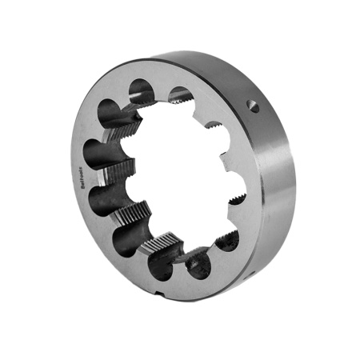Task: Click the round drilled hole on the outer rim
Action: click(254, 105)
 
